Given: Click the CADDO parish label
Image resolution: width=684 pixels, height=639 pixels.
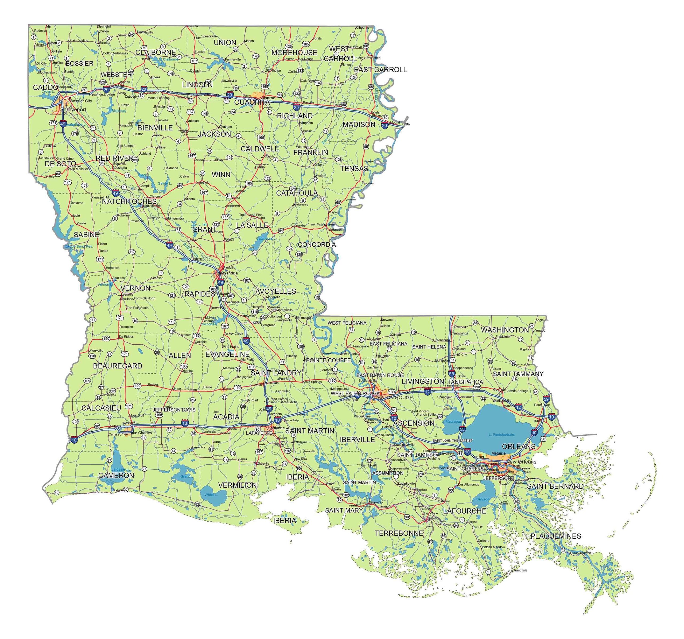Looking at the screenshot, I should coord(45,87).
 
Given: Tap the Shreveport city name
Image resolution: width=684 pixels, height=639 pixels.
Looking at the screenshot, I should coord(73,110).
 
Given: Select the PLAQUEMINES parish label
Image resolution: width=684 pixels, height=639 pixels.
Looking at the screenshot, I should coord(556,536).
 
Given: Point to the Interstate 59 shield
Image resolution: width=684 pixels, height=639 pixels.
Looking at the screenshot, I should coord(546,399).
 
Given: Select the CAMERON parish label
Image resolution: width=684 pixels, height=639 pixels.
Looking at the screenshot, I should coord(116,475).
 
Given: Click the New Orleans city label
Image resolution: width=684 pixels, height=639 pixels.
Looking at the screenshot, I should coord(521,462).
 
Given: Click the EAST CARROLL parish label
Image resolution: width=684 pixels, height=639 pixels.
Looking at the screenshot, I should coord(380,70).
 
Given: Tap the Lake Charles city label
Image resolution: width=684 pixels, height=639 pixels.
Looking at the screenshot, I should coord(140,433).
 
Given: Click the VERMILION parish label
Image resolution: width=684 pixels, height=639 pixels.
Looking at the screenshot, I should coord(238,485).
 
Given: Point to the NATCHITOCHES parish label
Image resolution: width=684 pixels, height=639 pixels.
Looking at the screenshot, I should coord(129,201).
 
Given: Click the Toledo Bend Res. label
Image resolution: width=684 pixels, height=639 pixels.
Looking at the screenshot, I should coord(79,247).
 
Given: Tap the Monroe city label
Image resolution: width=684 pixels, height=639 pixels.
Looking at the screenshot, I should coord(268,98).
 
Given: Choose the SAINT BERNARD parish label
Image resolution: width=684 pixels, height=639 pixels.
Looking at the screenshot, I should coord(555,486).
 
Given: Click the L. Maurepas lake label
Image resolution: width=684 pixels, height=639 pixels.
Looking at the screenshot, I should coord(453,422).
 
